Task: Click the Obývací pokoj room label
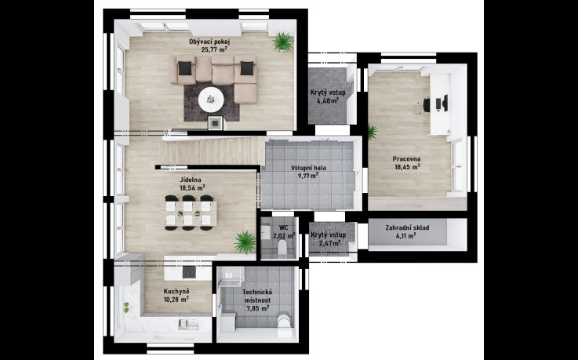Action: coord(209,42)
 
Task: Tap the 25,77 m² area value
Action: coord(214,49)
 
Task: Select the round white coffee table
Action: coord(211,99)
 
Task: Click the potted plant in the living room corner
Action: coord(283,41)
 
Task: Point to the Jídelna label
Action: coord(191,180)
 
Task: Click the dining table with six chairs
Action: coord(189,213)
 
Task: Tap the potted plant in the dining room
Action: coord(245,242)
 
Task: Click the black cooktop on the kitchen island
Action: coord(190,272)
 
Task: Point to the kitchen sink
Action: coord(188,324)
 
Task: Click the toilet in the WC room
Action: coord(282,247)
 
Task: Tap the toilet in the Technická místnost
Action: coord(284,322)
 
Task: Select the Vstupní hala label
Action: coord(308,168)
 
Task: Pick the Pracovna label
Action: coord(406,159)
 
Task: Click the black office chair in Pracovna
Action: coord(427,104)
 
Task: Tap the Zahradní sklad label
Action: coord(407,227)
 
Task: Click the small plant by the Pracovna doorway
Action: coord(372,132)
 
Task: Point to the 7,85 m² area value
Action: coord(258,307)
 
